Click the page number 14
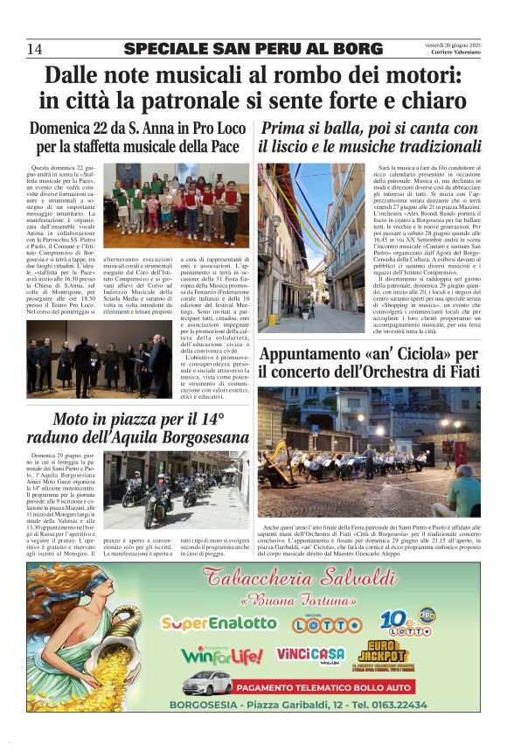[35, 49]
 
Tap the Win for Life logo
[222, 655]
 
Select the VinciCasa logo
[310, 654]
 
